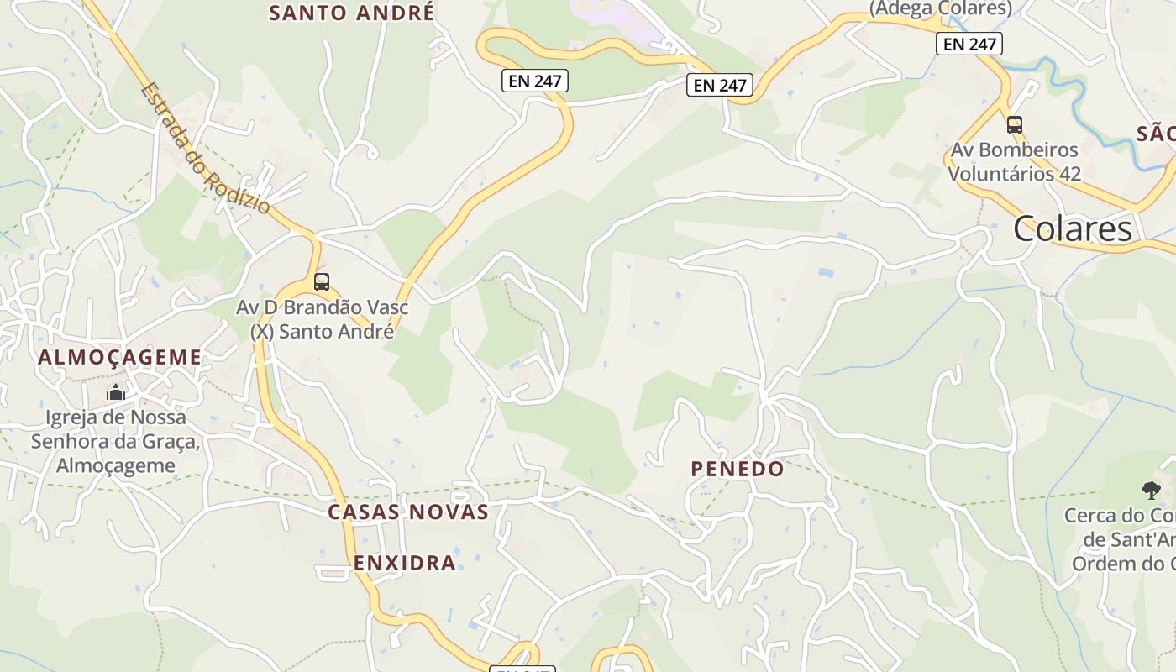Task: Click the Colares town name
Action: (x=1072, y=228)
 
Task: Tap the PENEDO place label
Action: (x=738, y=469)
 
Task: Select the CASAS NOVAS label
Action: (x=408, y=512)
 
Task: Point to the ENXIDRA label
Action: (x=405, y=563)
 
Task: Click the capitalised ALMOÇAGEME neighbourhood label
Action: (x=120, y=357)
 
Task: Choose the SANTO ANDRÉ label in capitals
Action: (x=352, y=13)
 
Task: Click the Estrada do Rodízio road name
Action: (x=205, y=148)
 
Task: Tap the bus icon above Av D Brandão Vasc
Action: (x=322, y=282)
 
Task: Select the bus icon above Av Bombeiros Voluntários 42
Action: (x=1015, y=126)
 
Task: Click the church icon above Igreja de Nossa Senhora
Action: (x=116, y=392)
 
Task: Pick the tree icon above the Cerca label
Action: (x=1151, y=490)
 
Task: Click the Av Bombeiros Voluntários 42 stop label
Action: (x=1015, y=162)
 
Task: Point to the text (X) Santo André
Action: (x=322, y=331)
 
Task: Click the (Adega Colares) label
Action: (x=940, y=8)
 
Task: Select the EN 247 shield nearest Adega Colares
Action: (x=969, y=44)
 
